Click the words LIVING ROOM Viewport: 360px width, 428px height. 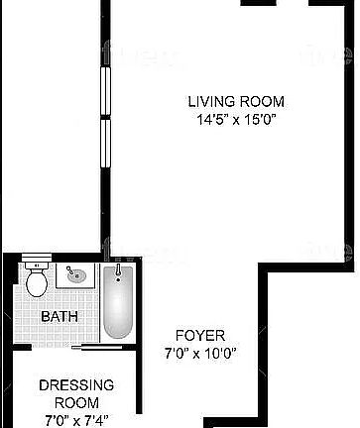(236, 101)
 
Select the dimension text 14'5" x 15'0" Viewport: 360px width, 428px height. (236, 121)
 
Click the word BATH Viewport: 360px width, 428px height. (59, 317)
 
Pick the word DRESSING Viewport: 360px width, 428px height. (76, 385)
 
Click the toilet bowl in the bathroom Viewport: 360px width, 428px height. (37, 285)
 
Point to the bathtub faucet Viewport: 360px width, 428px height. (118, 269)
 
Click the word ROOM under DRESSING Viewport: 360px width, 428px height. (76, 402)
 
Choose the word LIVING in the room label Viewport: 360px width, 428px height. (210, 101)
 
